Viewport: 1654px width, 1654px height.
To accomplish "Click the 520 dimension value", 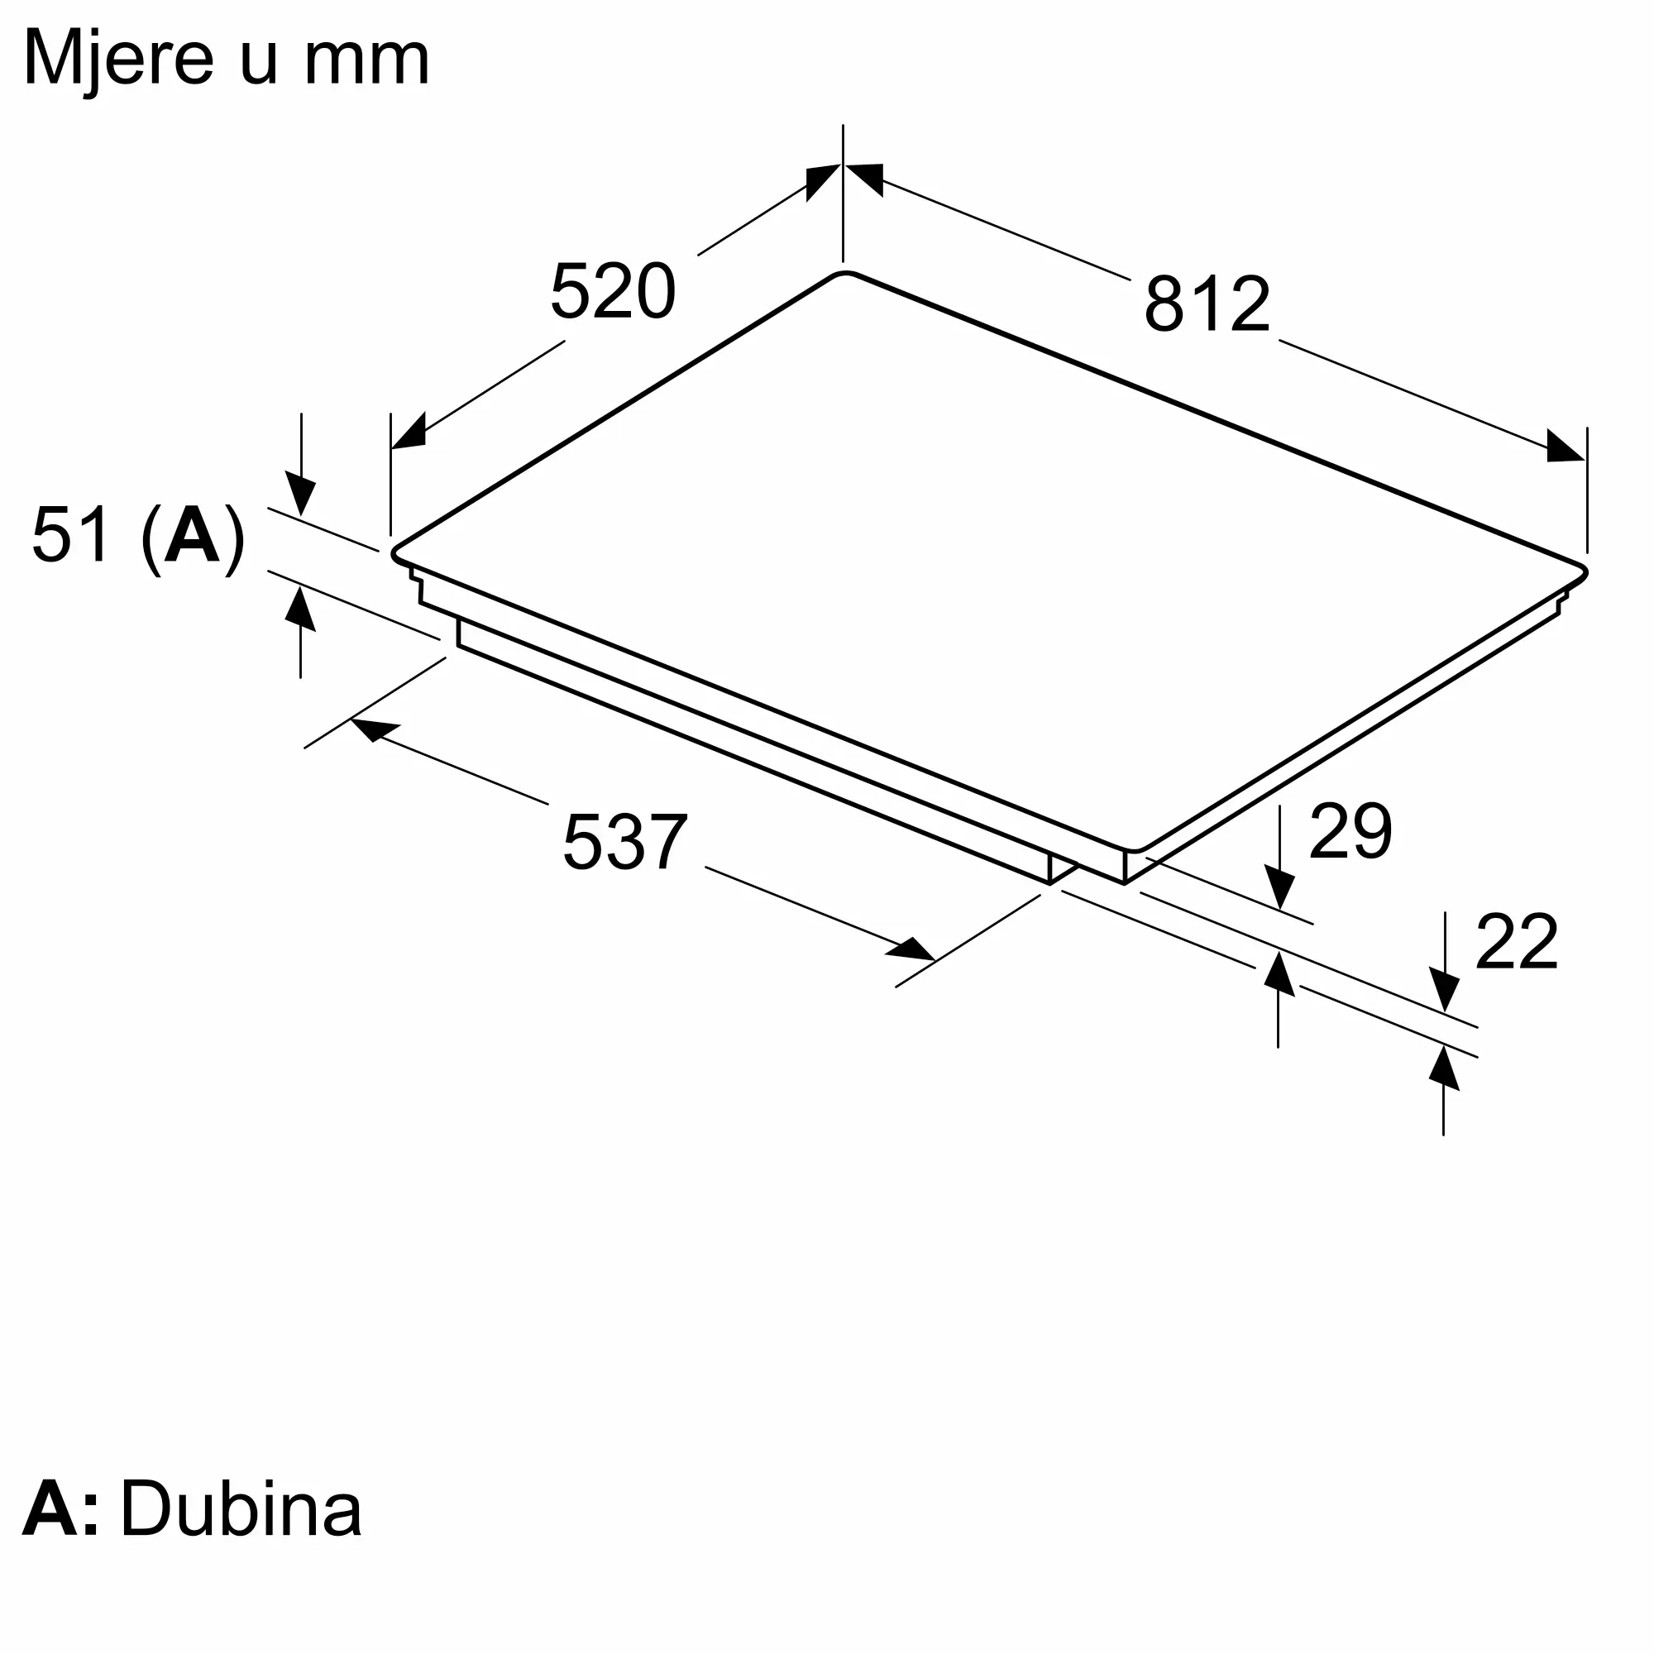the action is pos(613,292).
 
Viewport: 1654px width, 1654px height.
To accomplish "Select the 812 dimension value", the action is pos(1207,303).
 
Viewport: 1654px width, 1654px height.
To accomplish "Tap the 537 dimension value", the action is pos(625,843).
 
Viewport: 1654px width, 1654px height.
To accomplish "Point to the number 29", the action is pos(1351,830).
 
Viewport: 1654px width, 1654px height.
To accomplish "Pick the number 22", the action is pos(1517,942).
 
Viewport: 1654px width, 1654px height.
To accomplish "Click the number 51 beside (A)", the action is pos(71,535).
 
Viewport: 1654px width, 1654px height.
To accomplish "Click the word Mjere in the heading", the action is pos(118,60).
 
